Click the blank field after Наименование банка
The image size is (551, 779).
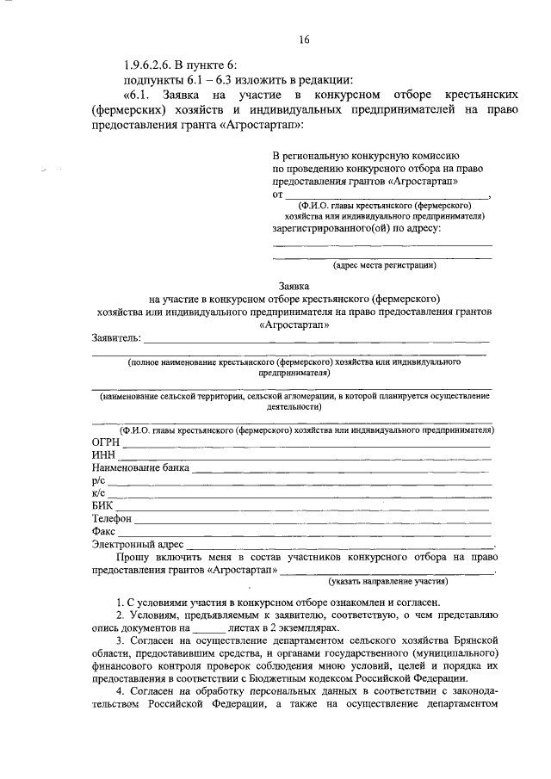pyautogui.click(x=341, y=471)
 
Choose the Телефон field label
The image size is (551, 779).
pyautogui.click(x=111, y=519)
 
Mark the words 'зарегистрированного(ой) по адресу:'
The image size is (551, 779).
pyautogui.click(x=356, y=228)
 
